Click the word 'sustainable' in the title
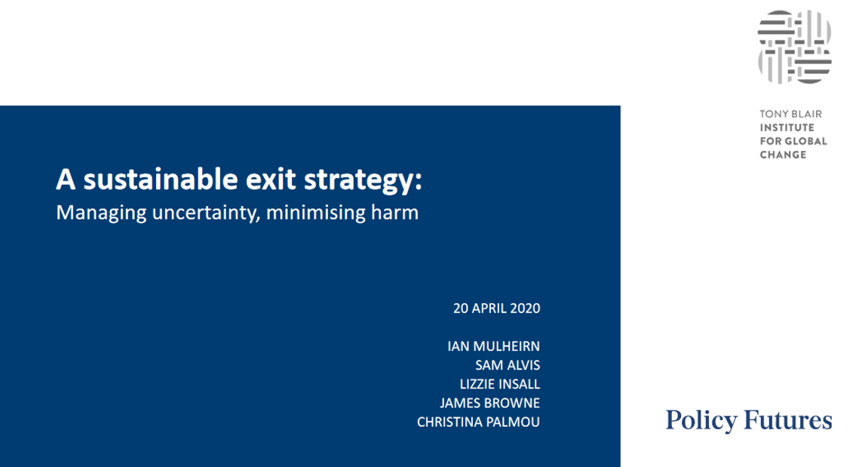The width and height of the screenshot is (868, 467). (x=161, y=180)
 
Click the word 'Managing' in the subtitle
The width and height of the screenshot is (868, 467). (x=101, y=214)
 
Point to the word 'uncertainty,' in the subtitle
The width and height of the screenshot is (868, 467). (x=206, y=214)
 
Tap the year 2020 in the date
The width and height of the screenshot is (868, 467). (x=525, y=309)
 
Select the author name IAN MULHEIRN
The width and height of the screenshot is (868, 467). (x=494, y=346)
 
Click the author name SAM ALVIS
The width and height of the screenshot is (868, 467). (x=508, y=365)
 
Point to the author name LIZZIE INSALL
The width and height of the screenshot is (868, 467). (x=500, y=384)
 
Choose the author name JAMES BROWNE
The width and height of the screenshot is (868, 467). (x=490, y=403)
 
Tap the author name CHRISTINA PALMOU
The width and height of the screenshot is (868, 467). (x=478, y=422)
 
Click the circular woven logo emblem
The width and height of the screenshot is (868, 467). (x=794, y=47)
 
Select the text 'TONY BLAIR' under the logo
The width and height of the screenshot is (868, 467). (x=790, y=114)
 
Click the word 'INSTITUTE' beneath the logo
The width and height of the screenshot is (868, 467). (x=787, y=128)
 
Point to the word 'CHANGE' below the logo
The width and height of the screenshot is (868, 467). (x=783, y=155)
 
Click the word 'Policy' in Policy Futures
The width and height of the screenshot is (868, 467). (x=701, y=420)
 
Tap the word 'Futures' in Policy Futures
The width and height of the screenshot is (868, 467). (x=788, y=420)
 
